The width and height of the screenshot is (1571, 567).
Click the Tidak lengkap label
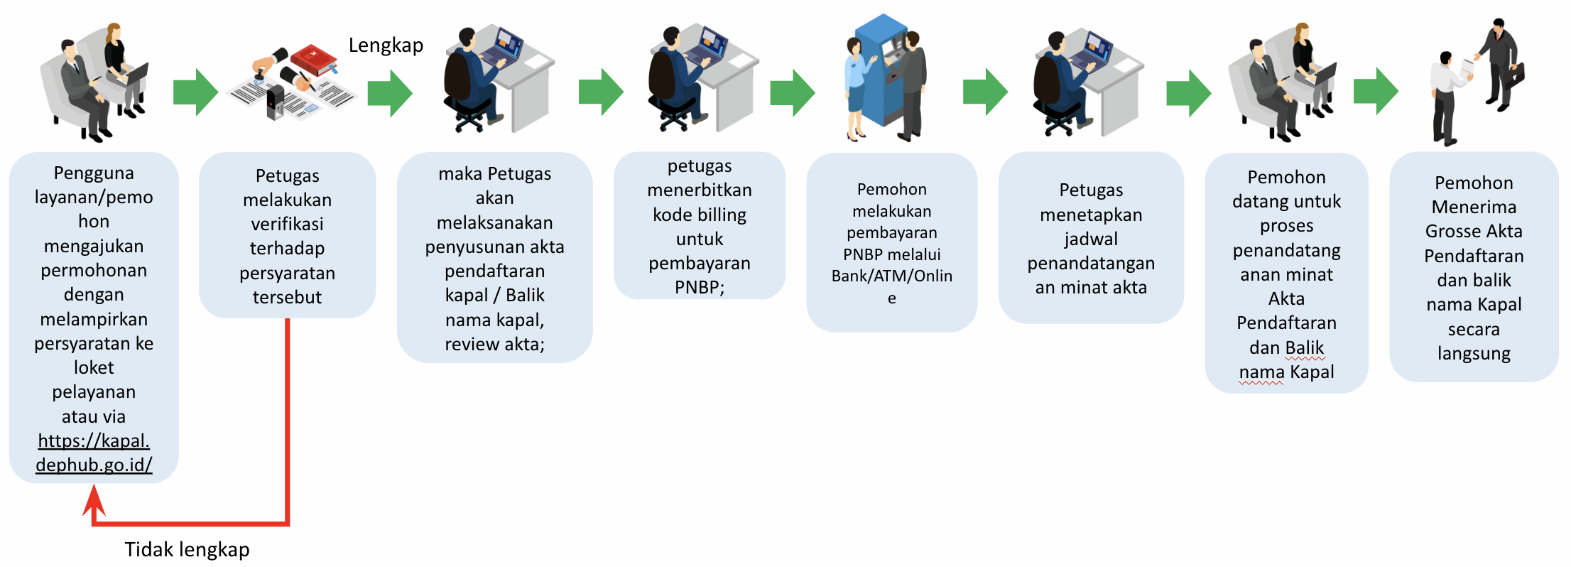187,549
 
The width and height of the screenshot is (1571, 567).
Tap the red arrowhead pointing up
94,501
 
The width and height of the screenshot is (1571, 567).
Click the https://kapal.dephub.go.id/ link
94,453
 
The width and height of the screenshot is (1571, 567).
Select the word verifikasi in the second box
287,224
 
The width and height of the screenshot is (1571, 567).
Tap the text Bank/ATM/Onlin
892,276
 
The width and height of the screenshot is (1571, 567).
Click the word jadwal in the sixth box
1091,239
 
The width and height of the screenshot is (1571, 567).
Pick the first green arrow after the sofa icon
195,92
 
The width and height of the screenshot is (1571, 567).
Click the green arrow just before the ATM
793,92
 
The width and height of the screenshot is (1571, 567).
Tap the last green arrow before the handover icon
1376,91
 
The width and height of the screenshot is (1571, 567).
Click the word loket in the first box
94,367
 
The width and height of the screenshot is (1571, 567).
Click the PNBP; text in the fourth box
700,287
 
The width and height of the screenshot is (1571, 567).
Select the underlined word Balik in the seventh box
1305,347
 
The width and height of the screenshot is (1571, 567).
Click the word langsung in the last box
1474,354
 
